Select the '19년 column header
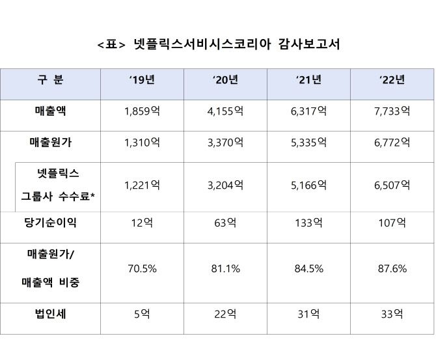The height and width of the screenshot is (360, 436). pos(142,81)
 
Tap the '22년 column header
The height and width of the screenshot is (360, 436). pos(392,81)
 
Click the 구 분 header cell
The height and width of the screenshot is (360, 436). pos(50,81)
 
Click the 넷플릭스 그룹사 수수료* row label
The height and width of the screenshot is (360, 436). pos(58,185)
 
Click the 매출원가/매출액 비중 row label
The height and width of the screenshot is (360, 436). pos(53,268)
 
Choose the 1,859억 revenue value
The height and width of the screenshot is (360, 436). pos(142,111)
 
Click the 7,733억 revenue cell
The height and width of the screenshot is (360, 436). pos(392,111)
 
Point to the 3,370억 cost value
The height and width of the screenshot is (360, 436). pos(225,142)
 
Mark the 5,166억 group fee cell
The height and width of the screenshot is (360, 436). pos(308,186)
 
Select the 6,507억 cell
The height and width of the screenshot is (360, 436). pos(392,186)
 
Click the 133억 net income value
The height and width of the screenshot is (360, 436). pos(308,223)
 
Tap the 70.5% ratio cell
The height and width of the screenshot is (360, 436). pos(142,269)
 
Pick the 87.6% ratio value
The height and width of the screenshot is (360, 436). pos(392,269)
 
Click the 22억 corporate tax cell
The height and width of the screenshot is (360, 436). pos(225,314)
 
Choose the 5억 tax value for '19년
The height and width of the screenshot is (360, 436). pos(142,314)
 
